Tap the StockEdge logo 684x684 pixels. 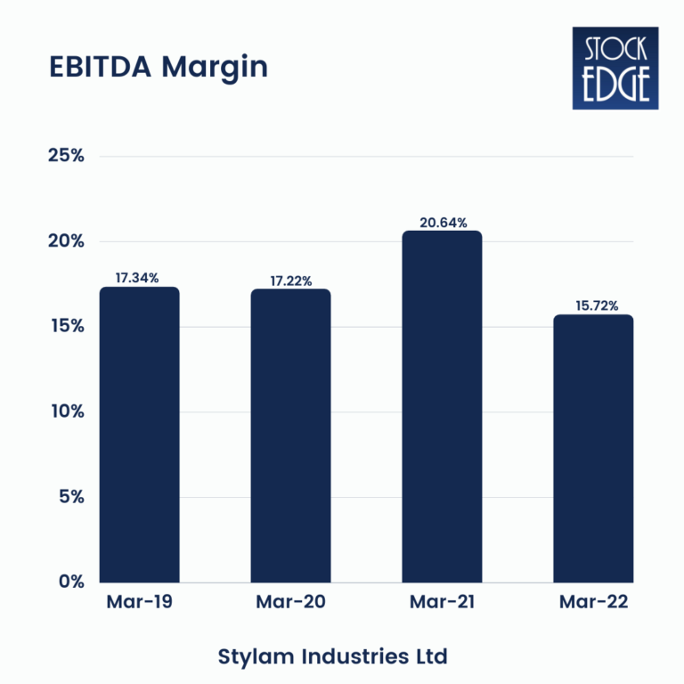[615, 69]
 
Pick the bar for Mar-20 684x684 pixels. [290, 436]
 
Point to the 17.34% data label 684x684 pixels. [138, 278]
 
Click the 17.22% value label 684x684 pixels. [290, 281]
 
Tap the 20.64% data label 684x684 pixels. [442, 223]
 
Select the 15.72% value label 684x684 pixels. [593, 306]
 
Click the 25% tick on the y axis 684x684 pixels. [65, 157]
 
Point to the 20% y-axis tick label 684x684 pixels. [65, 241]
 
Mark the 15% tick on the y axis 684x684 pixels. [65, 327]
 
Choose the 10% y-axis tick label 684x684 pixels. [65, 411]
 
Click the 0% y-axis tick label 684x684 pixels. [69, 582]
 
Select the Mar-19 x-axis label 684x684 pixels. [139, 603]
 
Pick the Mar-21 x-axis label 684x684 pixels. [442, 603]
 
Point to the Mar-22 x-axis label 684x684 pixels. [593, 603]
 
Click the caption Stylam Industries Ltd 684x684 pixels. [332, 657]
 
